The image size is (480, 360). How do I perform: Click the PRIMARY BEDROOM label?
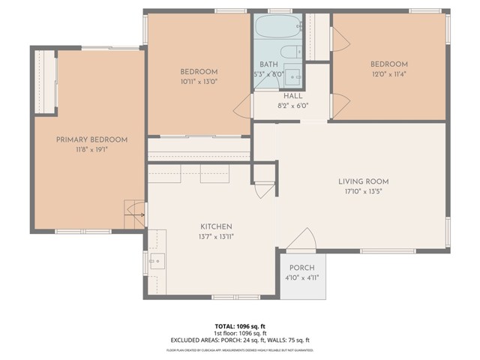click(91, 139)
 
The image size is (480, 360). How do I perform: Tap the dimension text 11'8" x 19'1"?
click(91, 150)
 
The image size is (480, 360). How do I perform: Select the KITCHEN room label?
click(215, 226)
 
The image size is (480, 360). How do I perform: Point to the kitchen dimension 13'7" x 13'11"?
click(215, 237)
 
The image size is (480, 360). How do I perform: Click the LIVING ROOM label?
click(363, 181)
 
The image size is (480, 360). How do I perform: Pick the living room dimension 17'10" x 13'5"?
click(363, 191)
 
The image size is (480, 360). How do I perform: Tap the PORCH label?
click(302, 268)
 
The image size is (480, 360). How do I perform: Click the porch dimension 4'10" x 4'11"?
click(302, 277)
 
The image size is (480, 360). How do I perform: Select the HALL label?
click(292, 96)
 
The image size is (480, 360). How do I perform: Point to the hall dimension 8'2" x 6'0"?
click(292, 106)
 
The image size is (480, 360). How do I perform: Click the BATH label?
click(268, 64)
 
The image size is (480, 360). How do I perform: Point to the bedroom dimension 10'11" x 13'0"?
click(198, 82)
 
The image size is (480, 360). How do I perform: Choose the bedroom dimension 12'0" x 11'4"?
click(388, 74)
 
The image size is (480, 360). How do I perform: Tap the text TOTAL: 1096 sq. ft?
click(239, 326)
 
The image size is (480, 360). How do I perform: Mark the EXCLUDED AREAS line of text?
click(239, 340)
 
